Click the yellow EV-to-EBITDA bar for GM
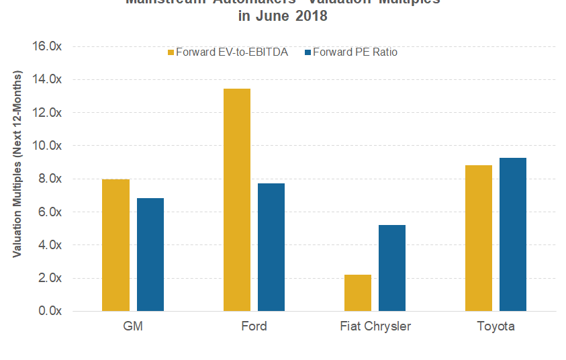pos(115,245)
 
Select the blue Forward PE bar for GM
pos(150,255)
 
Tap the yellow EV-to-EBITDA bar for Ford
pos(236,199)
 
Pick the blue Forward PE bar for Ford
pos(271,247)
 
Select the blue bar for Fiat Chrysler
pos(392,268)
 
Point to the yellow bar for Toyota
pos(478,238)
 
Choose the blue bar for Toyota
pos(513,234)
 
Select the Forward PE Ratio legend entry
pos(350,52)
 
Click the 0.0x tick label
pos(50,311)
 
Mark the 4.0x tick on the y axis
pos(50,245)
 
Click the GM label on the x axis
pos(133,327)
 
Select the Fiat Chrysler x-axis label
pos(375,327)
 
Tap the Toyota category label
pos(496,327)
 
